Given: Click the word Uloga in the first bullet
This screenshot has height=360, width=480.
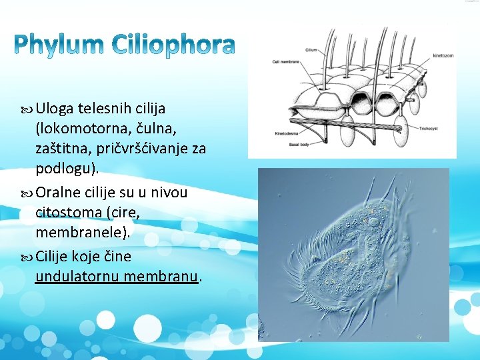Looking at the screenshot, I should pyautogui.click(x=55, y=108).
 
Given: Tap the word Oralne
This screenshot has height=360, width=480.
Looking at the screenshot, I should pyautogui.click(x=58, y=193).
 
